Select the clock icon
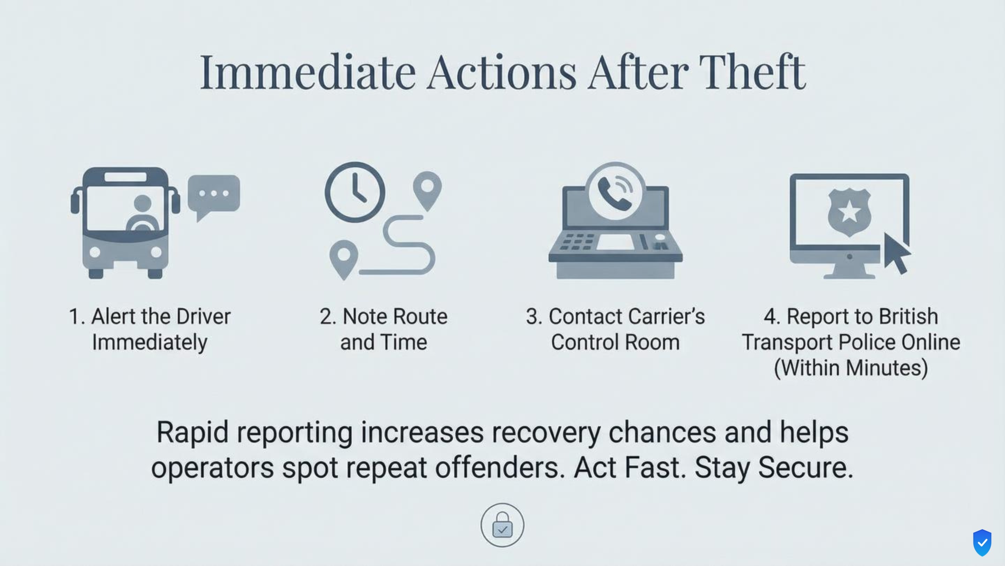click(355, 192)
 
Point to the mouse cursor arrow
click(896, 253)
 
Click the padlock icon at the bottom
click(502, 525)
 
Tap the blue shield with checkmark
click(982, 543)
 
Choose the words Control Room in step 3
click(615, 342)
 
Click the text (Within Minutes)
click(850, 368)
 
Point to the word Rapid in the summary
click(192, 433)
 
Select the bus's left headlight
click(95, 252)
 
